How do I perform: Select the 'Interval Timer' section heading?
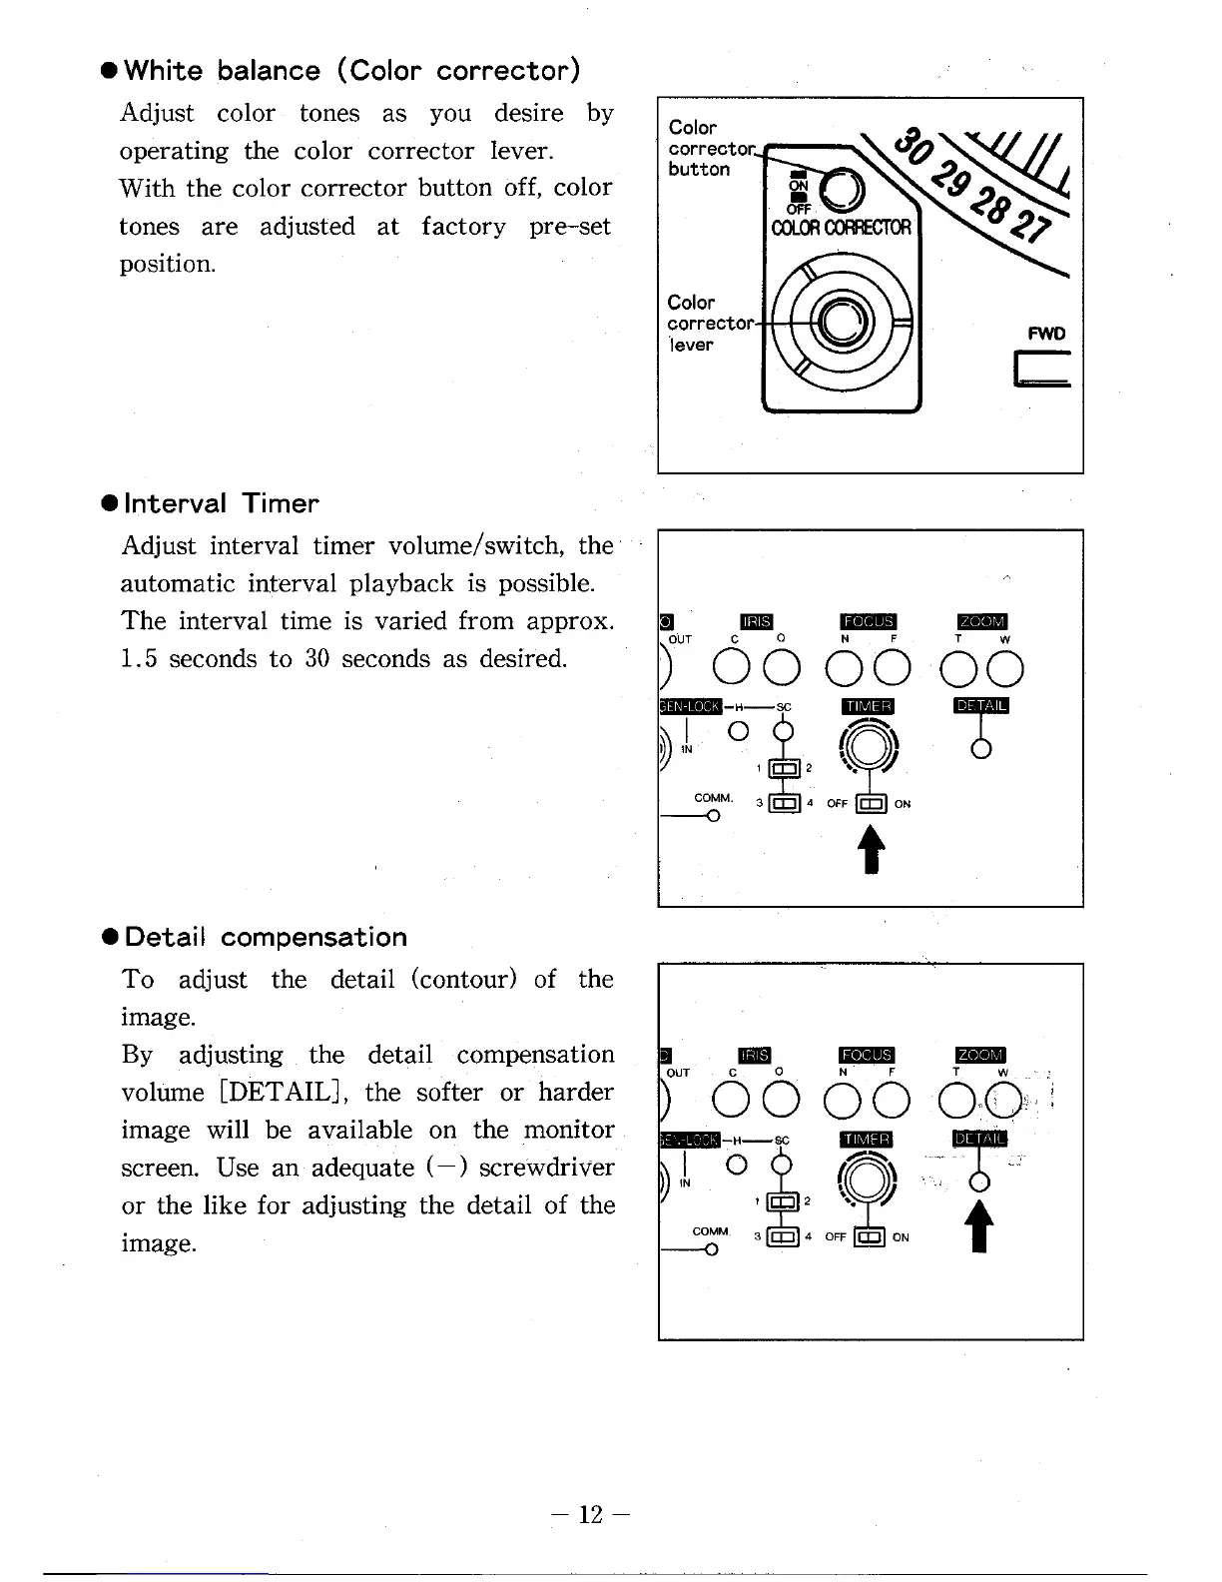point(222,503)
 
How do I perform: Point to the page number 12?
point(591,1515)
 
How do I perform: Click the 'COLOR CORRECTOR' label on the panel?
point(842,227)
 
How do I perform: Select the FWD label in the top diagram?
point(1046,334)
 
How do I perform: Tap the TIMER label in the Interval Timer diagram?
point(869,707)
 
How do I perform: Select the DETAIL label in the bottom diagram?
point(981,1140)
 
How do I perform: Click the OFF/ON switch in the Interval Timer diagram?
point(873,804)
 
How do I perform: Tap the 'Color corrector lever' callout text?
point(708,323)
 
